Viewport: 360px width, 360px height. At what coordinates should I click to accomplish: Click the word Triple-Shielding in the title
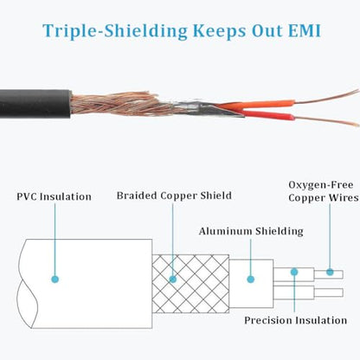(115, 31)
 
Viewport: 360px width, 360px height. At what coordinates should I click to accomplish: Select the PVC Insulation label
(54, 196)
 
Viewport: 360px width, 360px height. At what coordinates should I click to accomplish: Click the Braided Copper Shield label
(174, 196)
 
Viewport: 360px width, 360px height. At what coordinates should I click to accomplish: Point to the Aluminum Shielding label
(251, 231)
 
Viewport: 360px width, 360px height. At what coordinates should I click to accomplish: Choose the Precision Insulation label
(295, 320)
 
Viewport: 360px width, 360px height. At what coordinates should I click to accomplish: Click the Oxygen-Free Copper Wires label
(324, 191)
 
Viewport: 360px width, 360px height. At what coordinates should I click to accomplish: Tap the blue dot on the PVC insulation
(55, 280)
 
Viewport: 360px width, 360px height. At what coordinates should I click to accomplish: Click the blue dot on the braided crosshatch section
(173, 280)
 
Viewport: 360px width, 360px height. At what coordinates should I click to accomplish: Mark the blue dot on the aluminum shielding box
(251, 280)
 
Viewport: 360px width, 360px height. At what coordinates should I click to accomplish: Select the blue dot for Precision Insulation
(294, 272)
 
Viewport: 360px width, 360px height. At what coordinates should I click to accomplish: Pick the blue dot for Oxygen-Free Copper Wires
(330, 272)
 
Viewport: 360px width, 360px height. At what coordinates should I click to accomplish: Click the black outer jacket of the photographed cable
(35, 104)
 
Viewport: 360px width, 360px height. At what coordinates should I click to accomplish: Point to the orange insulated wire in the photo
(257, 105)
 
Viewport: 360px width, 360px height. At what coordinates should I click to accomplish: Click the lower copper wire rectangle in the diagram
(329, 292)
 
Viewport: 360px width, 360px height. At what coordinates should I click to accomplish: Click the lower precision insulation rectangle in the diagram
(293, 292)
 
